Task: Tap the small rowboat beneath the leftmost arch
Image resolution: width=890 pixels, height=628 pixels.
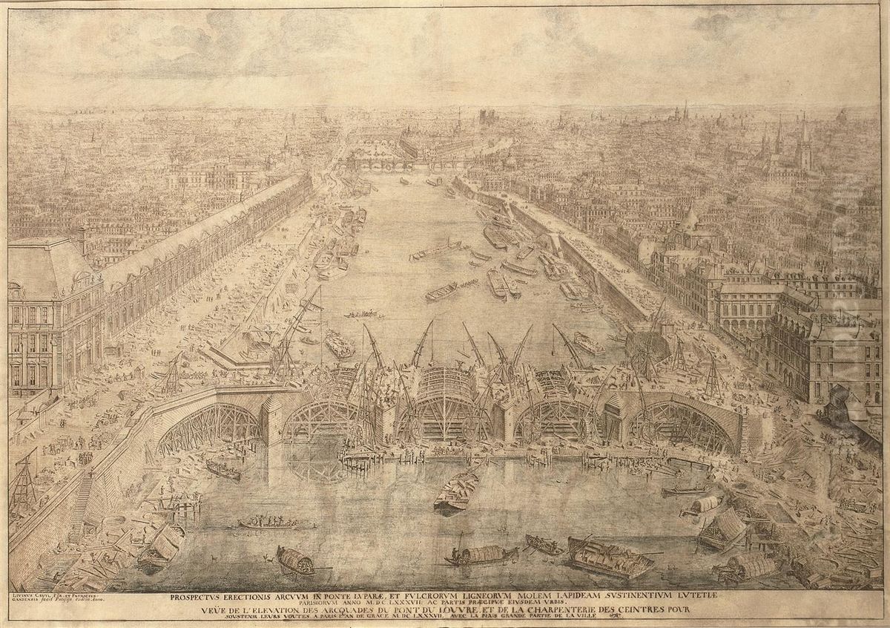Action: [222, 469]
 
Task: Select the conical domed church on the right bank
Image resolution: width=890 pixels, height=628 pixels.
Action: [690, 223]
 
